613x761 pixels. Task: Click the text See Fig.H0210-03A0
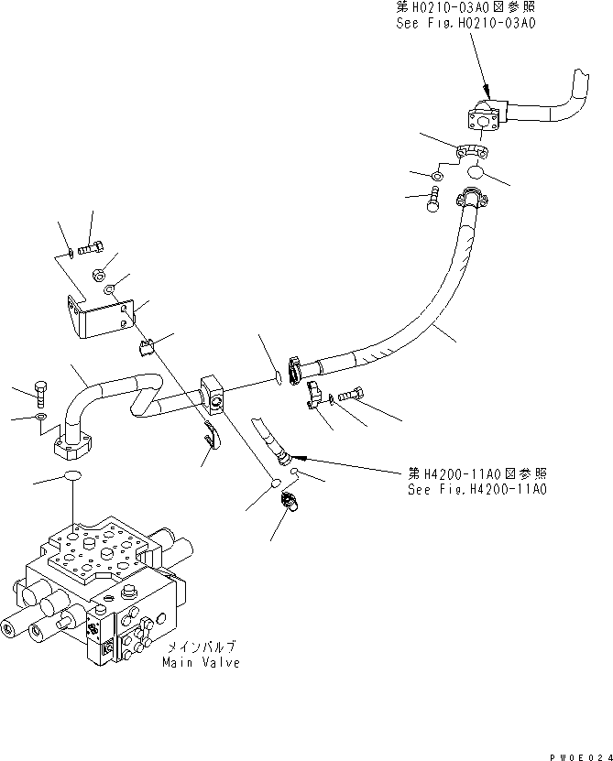tap(465, 24)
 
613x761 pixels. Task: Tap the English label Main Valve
tap(202, 662)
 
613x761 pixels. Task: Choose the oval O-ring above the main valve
tap(71, 476)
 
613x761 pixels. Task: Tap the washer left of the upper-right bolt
tap(438, 174)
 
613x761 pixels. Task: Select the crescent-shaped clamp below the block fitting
tap(211, 437)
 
